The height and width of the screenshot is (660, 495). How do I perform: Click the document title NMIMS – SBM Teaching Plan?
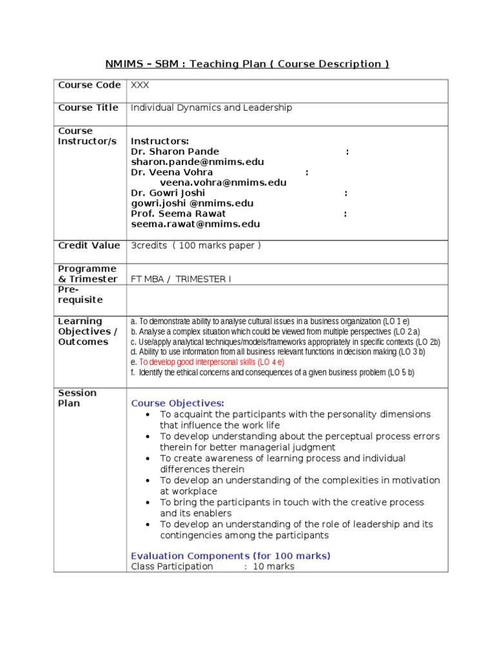point(247,64)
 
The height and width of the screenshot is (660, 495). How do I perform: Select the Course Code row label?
point(89,85)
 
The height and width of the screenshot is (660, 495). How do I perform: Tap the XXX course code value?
point(140,85)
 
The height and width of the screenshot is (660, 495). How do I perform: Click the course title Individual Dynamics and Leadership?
point(211,108)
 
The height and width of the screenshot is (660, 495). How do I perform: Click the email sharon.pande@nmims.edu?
point(197,162)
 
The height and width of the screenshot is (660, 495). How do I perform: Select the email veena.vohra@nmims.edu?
point(223,182)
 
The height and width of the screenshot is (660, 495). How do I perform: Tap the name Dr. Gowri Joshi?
point(168,193)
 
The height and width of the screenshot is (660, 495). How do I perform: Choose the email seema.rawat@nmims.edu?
point(195,224)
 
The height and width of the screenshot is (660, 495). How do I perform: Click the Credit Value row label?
point(89,246)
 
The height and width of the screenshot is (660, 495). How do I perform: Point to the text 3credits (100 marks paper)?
point(196,246)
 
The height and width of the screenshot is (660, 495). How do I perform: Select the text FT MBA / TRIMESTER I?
point(180,279)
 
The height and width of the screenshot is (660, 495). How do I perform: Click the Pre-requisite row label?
point(81,295)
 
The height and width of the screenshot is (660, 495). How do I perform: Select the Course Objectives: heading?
point(178,403)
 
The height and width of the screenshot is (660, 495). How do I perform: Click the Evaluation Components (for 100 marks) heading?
point(231,556)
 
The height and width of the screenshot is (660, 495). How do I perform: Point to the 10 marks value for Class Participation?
point(273,567)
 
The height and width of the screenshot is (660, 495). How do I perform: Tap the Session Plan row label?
point(77,398)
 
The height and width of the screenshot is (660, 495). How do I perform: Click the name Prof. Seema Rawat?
point(179,213)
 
